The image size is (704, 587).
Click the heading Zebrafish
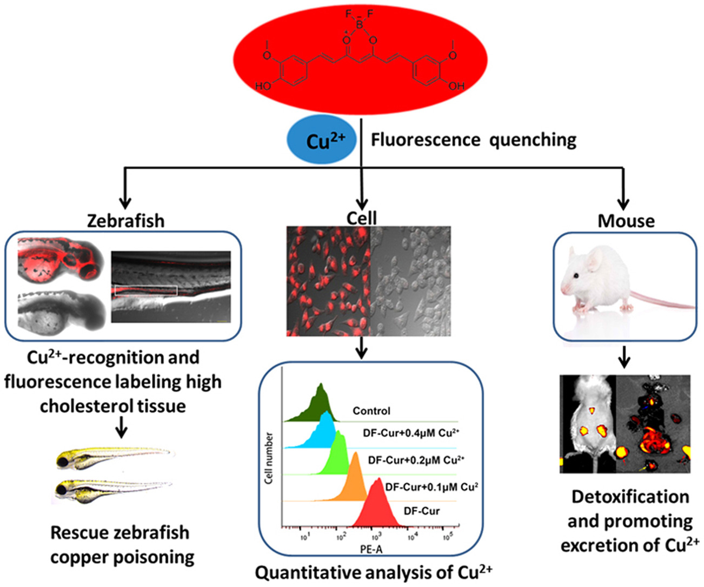[x=125, y=221]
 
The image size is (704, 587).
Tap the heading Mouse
[x=626, y=221]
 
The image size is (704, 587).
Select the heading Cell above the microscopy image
[x=362, y=217]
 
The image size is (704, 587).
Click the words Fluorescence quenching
[x=473, y=140]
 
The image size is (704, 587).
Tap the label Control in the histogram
[x=371, y=411]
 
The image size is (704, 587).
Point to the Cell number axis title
[x=269, y=458]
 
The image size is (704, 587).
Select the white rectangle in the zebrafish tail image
[x=146, y=291]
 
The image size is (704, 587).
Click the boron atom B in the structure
[x=360, y=24]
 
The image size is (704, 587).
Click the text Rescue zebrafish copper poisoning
[x=121, y=545]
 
